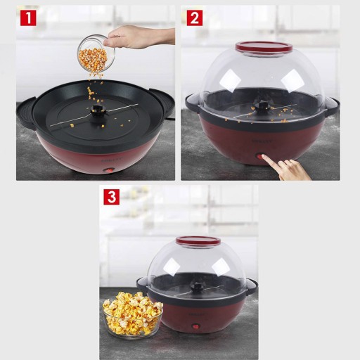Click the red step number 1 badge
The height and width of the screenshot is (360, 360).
28,18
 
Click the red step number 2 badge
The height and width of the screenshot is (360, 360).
195,18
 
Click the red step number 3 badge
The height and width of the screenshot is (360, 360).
112,197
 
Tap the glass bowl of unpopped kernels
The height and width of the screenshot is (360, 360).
96,53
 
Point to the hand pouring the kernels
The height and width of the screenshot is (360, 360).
139,37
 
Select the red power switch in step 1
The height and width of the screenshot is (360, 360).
109,169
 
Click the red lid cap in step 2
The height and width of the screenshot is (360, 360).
264,46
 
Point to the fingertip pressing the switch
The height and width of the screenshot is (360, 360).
264,157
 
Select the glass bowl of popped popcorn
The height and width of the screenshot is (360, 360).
133,315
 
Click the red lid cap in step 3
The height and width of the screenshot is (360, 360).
198,240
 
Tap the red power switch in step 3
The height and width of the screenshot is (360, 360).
195,326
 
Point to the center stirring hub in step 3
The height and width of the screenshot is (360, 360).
196,285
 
